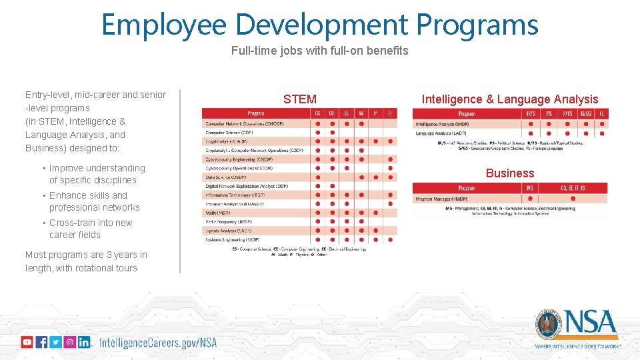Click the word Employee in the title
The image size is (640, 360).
coord(163,25)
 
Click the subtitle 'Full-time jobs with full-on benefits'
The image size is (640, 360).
coord(319,51)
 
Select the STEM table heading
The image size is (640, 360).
coord(300,99)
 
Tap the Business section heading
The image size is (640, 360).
coord(510,173)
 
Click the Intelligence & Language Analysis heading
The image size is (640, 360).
coord(510,99)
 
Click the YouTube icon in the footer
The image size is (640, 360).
coord(27,342)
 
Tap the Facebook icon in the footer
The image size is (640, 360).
coord(41,342)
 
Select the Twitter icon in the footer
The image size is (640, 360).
coord(55,342)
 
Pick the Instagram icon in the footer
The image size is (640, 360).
coord(69,342)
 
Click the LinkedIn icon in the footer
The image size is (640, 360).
coord(84,342)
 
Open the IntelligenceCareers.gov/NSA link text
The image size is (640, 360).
coord(158,343)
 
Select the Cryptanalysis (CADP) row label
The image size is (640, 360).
coord(227,141)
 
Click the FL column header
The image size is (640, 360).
coord(601,114)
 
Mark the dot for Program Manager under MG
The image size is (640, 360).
coord(530,199)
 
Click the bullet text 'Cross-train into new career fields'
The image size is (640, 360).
coord(91,229)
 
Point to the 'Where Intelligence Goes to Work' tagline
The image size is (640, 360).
coord(578,347)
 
